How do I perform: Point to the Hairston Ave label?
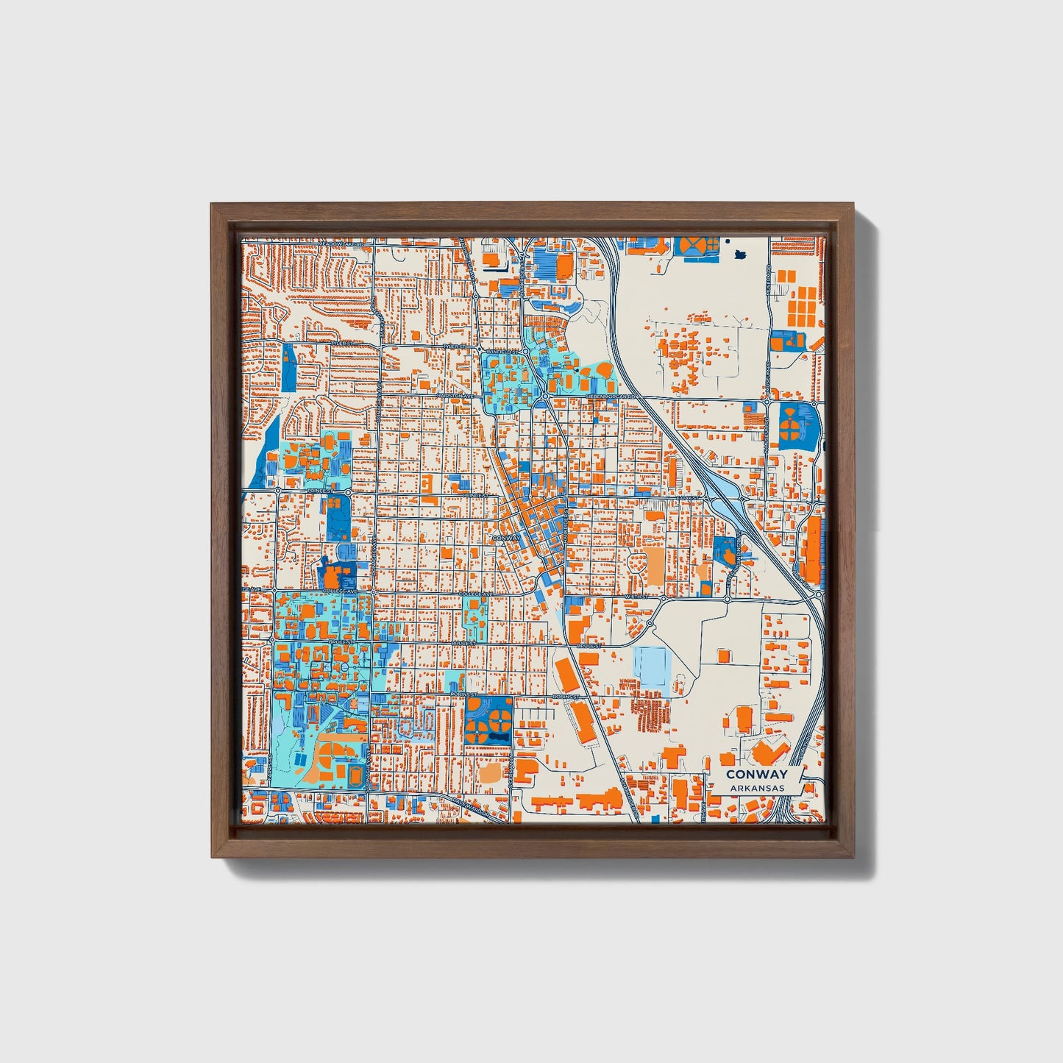click(x=453, y=395)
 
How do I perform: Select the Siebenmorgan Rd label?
click(x=609, y=396)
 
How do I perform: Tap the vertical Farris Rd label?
click(x=271, y=771)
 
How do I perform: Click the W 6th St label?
click(x=634, y=596)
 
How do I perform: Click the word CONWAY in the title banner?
click(x=756, y=774)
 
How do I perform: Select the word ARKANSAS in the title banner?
click(x=756, y=788)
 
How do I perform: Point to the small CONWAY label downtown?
click(x=506, y=538)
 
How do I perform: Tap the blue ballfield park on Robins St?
click(x=488, y=720)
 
